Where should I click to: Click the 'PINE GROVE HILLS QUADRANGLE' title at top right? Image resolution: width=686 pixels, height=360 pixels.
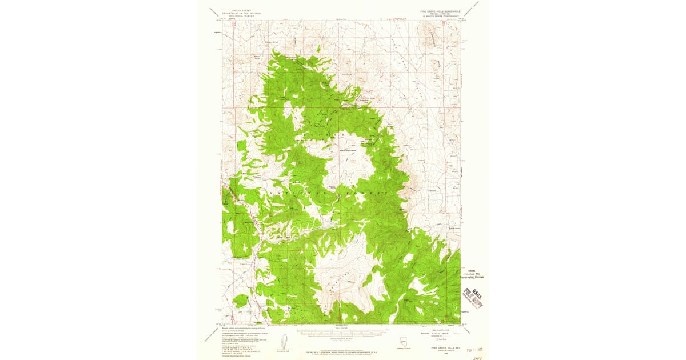click(x=441, y=10)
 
